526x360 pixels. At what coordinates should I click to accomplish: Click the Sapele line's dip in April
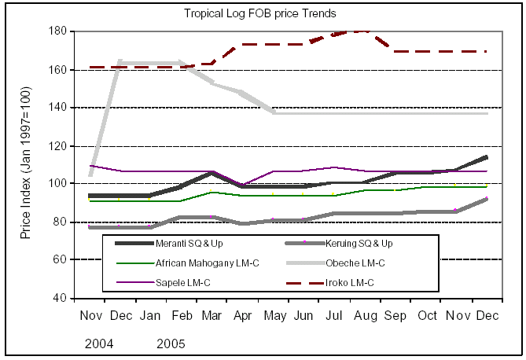(x=242, y=185)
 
